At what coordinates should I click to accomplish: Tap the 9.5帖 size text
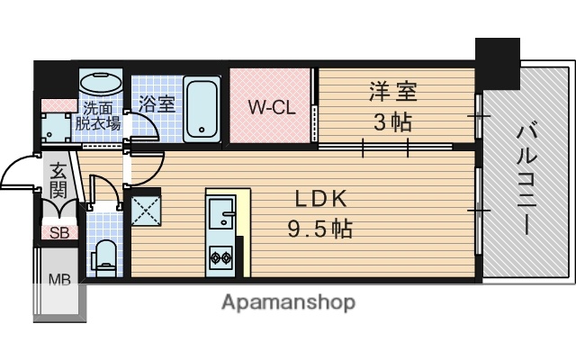[319, 229]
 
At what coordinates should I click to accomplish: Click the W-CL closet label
[271, 108]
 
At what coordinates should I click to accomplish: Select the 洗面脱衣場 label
[98, 115]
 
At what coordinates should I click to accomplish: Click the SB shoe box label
[58, 232]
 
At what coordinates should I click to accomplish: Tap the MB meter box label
[58, 279]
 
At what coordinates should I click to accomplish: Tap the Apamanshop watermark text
[288, 302]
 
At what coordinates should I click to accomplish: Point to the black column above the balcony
[498, 58]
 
